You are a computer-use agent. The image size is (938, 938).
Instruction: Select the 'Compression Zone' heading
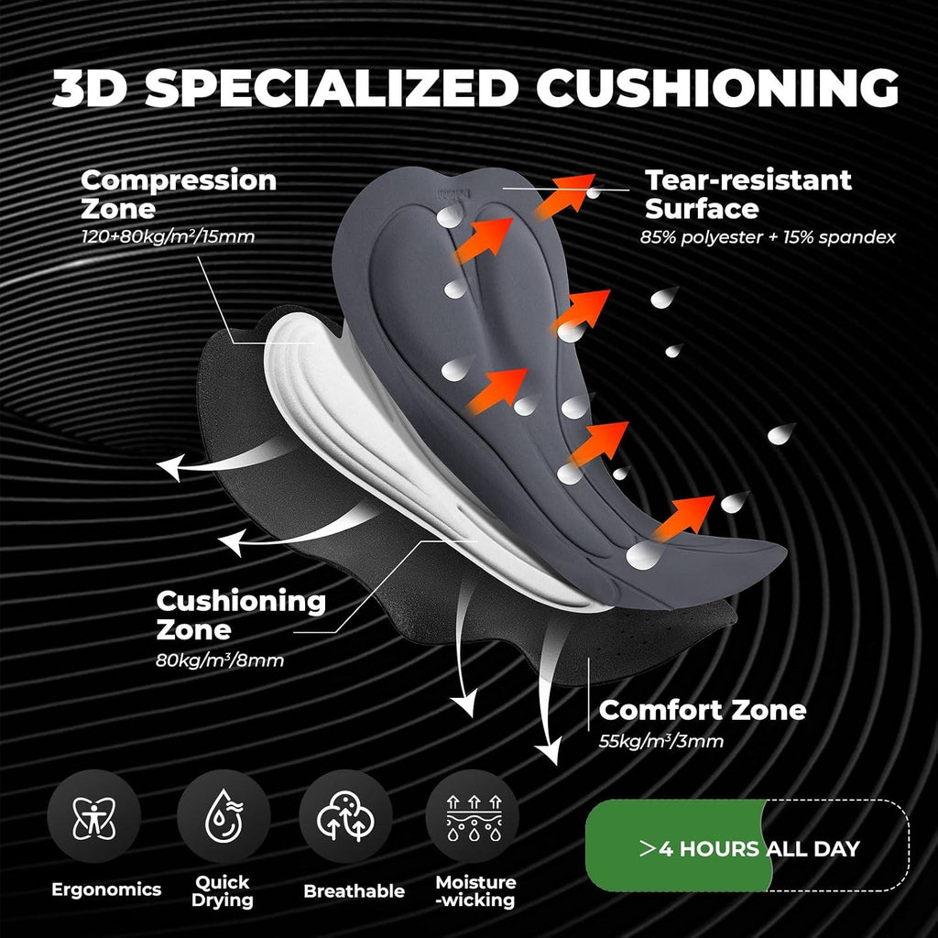(x=179, y=194)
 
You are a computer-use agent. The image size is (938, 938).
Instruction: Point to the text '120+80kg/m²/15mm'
(x=169, y=236)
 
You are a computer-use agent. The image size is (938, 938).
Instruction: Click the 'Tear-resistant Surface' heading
(x=747, y=194)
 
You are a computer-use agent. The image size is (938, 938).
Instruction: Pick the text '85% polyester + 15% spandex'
(x=768, y=237)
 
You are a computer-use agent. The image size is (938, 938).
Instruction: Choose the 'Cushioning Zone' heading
(x=241, y=615)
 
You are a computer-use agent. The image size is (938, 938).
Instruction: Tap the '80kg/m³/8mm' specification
(x=220, y=660)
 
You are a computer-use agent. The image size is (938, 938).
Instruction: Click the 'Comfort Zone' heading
(x=703, y=710)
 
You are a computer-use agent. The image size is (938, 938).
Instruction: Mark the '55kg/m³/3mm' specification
(x=661, y=741)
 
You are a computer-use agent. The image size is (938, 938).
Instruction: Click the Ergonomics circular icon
(x=94, y=817)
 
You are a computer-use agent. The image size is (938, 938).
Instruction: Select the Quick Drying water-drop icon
(x=224, y=817)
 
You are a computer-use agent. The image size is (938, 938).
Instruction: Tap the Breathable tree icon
(x=345, y=817)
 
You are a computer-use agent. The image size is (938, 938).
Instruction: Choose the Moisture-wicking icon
(x=474, y=817)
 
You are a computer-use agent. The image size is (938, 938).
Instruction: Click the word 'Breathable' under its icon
(x=354, y=890)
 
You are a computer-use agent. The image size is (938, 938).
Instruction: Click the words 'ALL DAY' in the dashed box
(x=813, y=848)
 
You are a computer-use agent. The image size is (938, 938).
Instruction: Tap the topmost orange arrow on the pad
(x=565, y=196)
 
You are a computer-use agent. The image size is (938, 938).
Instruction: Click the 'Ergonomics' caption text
(x=106, y=889)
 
